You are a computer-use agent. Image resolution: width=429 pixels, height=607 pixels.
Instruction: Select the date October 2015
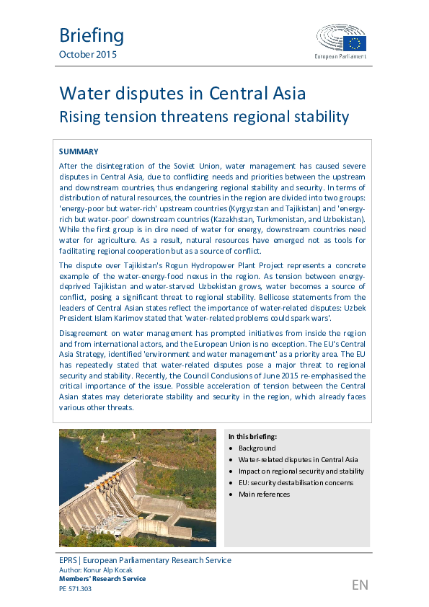[x=87, y=55]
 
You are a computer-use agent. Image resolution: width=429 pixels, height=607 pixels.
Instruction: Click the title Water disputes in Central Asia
[x=182, y=94]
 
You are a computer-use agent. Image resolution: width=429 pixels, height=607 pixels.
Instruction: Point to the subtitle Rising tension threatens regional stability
[x=203, y=116]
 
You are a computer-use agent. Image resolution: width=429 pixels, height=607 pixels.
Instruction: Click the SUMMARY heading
[x=78, y=151]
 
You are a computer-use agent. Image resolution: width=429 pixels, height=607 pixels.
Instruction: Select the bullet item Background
[x=258, y=448]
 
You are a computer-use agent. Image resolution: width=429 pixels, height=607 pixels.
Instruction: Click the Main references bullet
[x=264, y=494]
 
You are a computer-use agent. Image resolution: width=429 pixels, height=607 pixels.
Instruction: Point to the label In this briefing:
[x=252, y=437]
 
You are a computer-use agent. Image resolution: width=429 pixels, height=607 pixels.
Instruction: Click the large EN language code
[x=360, y=585]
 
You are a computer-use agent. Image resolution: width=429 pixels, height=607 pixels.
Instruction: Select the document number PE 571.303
[x=75, y=588]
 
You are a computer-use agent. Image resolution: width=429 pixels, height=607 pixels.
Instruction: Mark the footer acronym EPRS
[x=69, y=560]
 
